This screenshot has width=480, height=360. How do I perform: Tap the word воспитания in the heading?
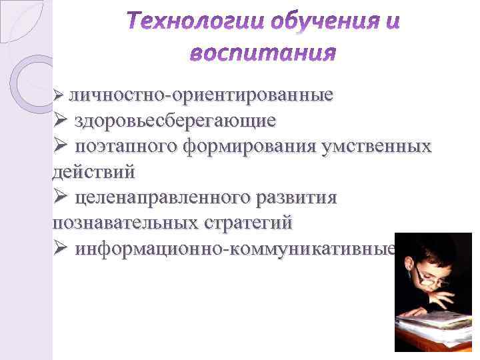click(263, 51)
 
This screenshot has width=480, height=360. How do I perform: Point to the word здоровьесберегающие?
click(175, 121)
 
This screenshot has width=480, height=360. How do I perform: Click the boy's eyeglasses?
click(430, 280)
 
